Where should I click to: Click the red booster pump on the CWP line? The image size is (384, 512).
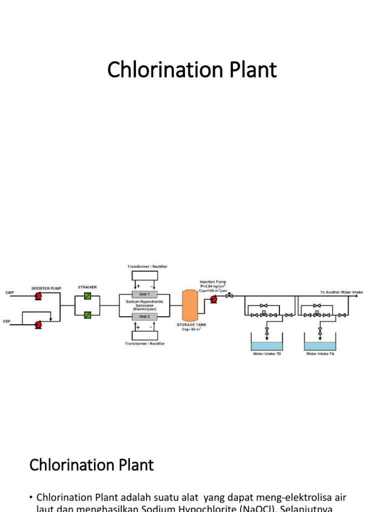(38, 296)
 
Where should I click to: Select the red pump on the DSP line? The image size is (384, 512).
(38, 324)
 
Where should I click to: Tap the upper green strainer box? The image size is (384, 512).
(87, 296)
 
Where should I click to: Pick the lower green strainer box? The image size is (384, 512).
(87, 315)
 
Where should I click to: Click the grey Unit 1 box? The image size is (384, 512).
(144, 294)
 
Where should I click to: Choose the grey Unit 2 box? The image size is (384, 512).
(144, 316)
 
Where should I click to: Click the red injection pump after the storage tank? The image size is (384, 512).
(213, 299)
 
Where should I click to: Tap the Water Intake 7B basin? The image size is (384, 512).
(266, 345)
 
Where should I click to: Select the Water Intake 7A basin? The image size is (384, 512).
(320, 345)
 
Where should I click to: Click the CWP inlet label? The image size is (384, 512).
(9, 292)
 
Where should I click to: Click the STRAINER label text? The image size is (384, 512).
(87, 287)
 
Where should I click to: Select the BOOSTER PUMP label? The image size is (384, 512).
(46, 288)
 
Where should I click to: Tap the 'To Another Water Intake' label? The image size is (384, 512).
(341, 292)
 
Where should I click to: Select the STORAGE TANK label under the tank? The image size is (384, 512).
(191, 324)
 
